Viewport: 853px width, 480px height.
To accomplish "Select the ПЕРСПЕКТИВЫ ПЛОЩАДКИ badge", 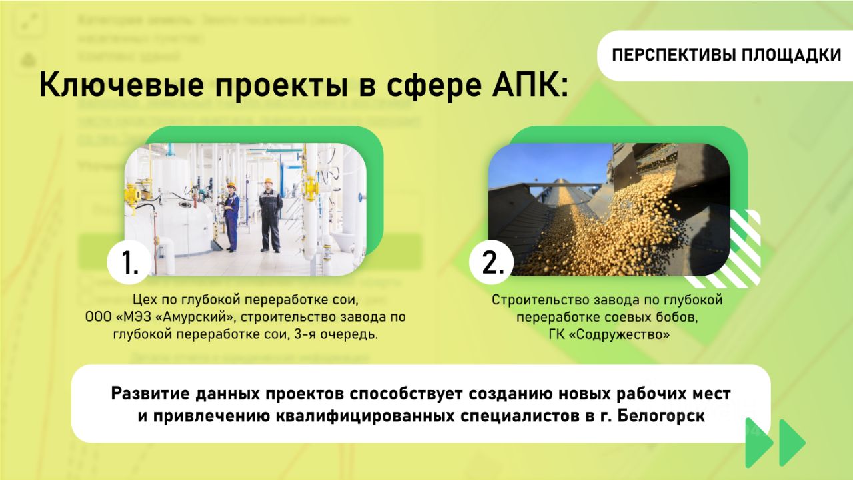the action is (725, 55).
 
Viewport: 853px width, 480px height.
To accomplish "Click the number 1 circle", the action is (129, 262).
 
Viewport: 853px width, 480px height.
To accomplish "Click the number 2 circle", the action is (492, 262).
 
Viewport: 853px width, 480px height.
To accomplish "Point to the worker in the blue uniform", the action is (231, 218).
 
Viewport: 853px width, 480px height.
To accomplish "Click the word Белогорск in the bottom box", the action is (661, 416).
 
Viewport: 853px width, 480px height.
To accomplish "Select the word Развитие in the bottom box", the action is (150, 393).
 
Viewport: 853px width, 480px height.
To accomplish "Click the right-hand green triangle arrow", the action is (792, 443).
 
